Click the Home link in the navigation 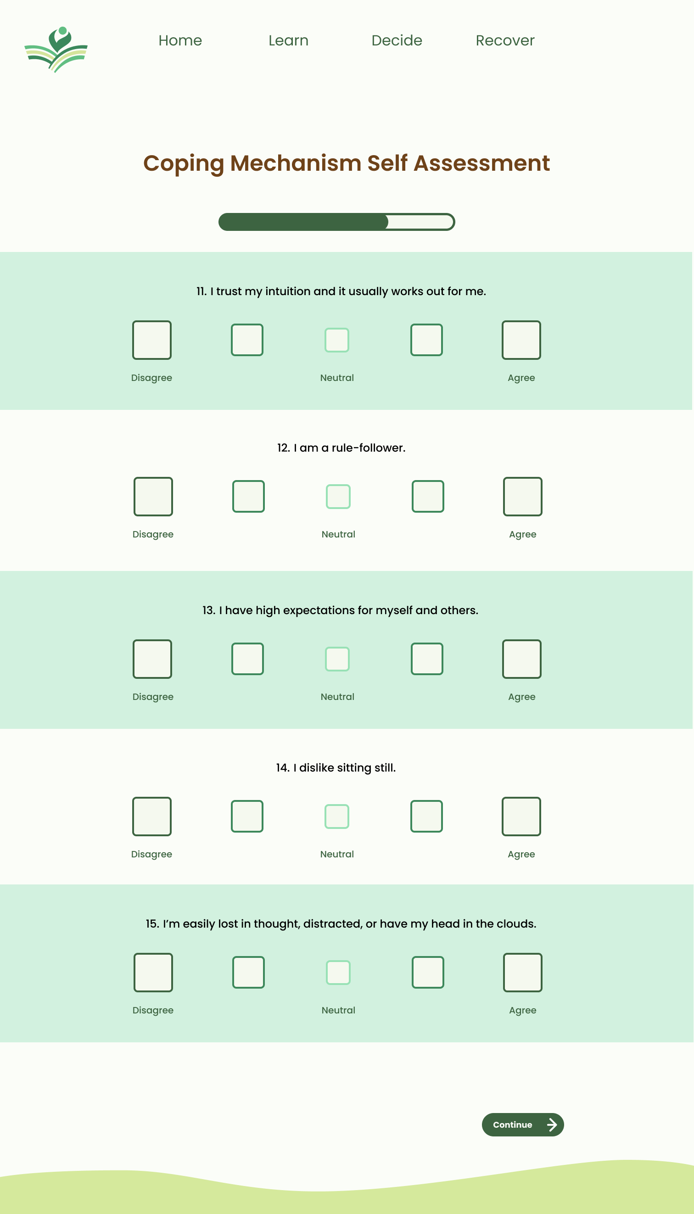180,40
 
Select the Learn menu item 288,40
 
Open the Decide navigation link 397,40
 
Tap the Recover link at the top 505,40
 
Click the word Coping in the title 184,163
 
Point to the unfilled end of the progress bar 420,222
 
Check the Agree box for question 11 521,340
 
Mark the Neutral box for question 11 337,340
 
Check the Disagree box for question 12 153,496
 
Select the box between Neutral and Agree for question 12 428,496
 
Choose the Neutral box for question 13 337,659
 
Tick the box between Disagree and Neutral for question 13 247,659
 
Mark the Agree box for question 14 521,816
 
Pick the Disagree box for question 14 151,816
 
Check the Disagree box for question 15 153,972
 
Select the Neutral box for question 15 338,972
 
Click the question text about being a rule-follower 341,448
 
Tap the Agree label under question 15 522,1010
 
